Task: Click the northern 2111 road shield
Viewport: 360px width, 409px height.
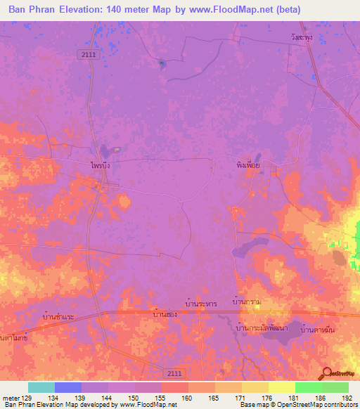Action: click(x=86, y=53)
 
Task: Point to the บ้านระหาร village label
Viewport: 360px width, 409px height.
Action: click(x=201, y=303)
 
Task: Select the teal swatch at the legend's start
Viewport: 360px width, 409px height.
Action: click(x=41, y=387)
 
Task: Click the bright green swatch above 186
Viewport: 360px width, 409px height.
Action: click(x=308, y=387)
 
